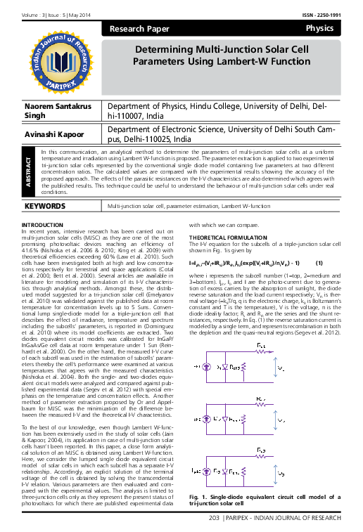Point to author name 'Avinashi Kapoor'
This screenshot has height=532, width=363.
tap(53, 134)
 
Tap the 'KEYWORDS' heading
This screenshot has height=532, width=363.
tap(47, 188)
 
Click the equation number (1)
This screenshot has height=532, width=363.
tap(319, 242)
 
